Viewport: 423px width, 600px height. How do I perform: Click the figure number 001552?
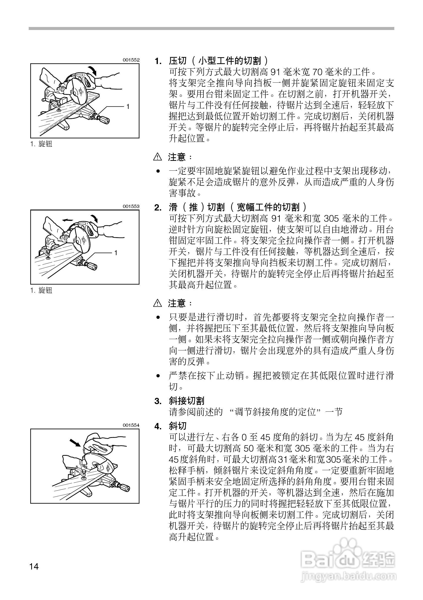coord(131,60)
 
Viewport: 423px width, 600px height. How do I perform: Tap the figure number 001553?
coord(131,206)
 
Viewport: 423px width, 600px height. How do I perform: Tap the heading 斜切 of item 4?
coord(178,426)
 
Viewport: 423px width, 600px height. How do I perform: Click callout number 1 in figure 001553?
coord(116,253)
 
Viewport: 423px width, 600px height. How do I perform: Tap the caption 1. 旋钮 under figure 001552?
coord(41,144)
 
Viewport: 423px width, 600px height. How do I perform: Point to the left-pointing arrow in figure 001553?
coord(67,220)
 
